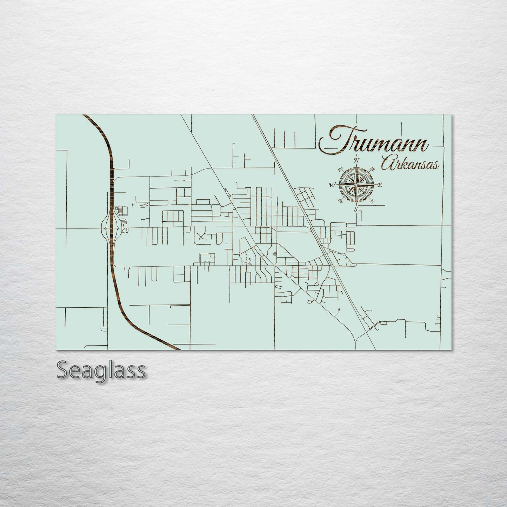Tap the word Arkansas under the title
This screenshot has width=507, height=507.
click(x=410, y=165)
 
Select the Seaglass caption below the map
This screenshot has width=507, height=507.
click(x=101, y=371)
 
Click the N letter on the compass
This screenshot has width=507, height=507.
click(x=357, y=160)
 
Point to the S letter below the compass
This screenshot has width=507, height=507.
click(x=356, y=209)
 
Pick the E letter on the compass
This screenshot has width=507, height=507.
click(x=380, y=185)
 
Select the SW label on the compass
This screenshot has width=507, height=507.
click(x=340, y=201)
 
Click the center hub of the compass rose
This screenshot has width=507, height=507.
click(x=356, y=185)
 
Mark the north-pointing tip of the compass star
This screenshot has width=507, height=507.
click(x=356, y=165)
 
